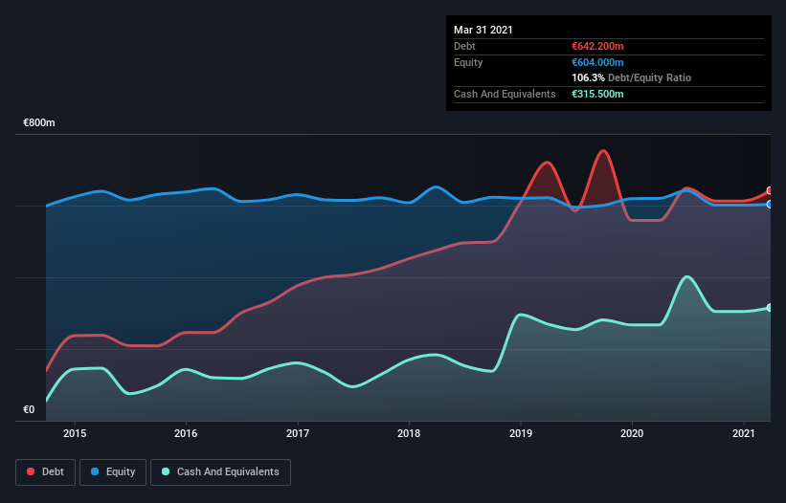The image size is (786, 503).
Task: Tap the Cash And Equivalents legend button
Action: pyautogui.click(x=220, y=471)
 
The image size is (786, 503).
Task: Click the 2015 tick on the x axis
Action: pyautogui.click(x=75, y=433)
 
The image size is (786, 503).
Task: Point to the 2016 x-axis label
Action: pyautogui.click(x=186, y=433)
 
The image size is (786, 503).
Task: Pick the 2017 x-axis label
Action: pyautogui.click(x=298, y=433)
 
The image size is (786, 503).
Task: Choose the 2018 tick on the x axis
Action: pyautogui.click(x=409, y=433)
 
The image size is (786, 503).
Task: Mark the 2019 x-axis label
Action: pyautogui.click(x=521, y=433)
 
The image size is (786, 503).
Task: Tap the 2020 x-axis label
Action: pyautogui.click(x=632, y=433)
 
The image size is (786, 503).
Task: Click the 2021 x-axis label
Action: pyautogui.click(x=744, y=433)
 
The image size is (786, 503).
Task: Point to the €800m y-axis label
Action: pyautogui.click(x=39, y=123)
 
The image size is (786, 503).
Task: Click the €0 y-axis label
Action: pyautogui.click(x=29, y=409)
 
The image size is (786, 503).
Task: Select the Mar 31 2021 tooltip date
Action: pyautogui.click(x=483, y=30)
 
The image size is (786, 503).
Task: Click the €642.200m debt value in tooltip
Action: pyautogui.click(x=597, y=46)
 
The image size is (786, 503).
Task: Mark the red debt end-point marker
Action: pyautogui.click(x=770, y=190)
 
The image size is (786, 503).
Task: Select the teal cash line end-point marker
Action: pyautogui.click(x=770, y=307)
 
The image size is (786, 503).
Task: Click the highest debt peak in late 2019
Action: pyautogui.click(x=602, y=151)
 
